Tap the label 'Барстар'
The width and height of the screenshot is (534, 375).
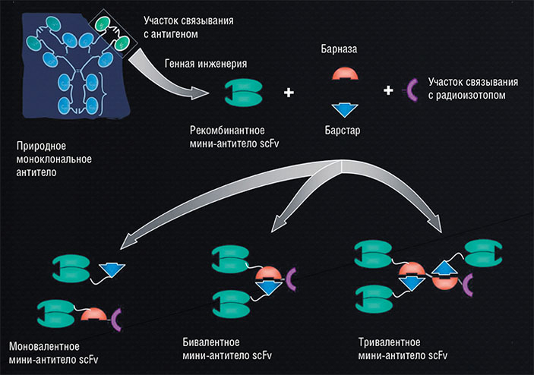click(x=345, y=130)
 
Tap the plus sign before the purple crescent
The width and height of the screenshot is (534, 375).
click(x=388, y=90)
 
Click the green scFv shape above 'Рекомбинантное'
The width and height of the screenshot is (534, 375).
click(x=242, y=94)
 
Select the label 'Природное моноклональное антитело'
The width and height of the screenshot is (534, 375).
click(x=53, y=158)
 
